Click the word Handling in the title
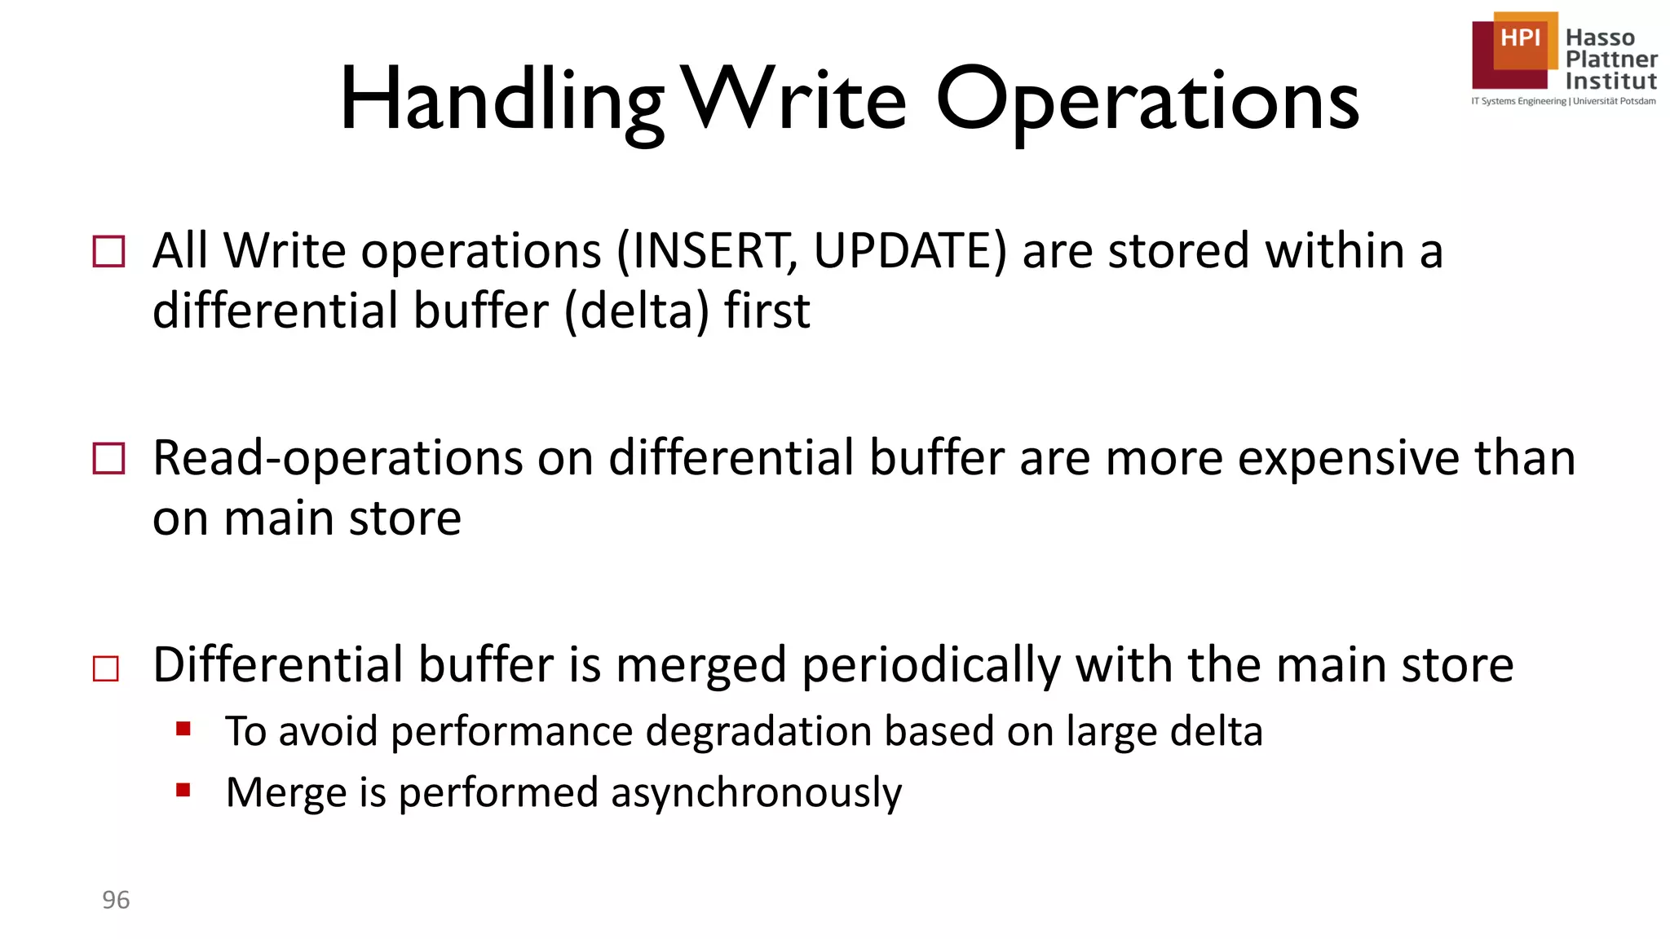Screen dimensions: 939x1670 click(501, 102)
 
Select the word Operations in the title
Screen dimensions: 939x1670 click(1147, 102)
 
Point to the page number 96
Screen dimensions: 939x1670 click(116, 900)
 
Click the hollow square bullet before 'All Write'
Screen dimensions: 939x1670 click(109, 251)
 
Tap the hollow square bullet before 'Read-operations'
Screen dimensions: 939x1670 click(109, 458)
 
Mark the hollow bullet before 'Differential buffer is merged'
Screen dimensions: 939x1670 click(106, 668)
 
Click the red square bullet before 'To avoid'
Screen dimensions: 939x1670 click(183, 728)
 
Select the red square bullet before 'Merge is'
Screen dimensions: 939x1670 click(183, 789)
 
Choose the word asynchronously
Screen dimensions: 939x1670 click(756, 792)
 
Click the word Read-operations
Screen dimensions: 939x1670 click(338, 458)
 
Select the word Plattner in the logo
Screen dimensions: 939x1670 click(1611, 59)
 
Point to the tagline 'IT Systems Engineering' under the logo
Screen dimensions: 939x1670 click(1519, 101)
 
